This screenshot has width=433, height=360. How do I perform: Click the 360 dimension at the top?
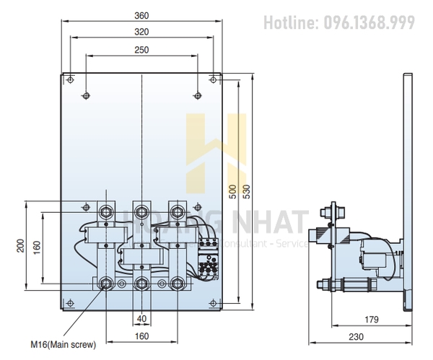click(142, 14)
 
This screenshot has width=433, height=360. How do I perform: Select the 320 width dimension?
click(142, 32)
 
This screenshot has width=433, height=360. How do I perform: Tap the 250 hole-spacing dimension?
click(142, 49)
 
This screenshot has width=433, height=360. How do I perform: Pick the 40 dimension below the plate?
click(142, 318)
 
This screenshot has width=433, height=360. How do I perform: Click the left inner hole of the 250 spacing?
click(86, 95)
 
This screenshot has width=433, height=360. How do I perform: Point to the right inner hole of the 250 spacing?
click(198, 95)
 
